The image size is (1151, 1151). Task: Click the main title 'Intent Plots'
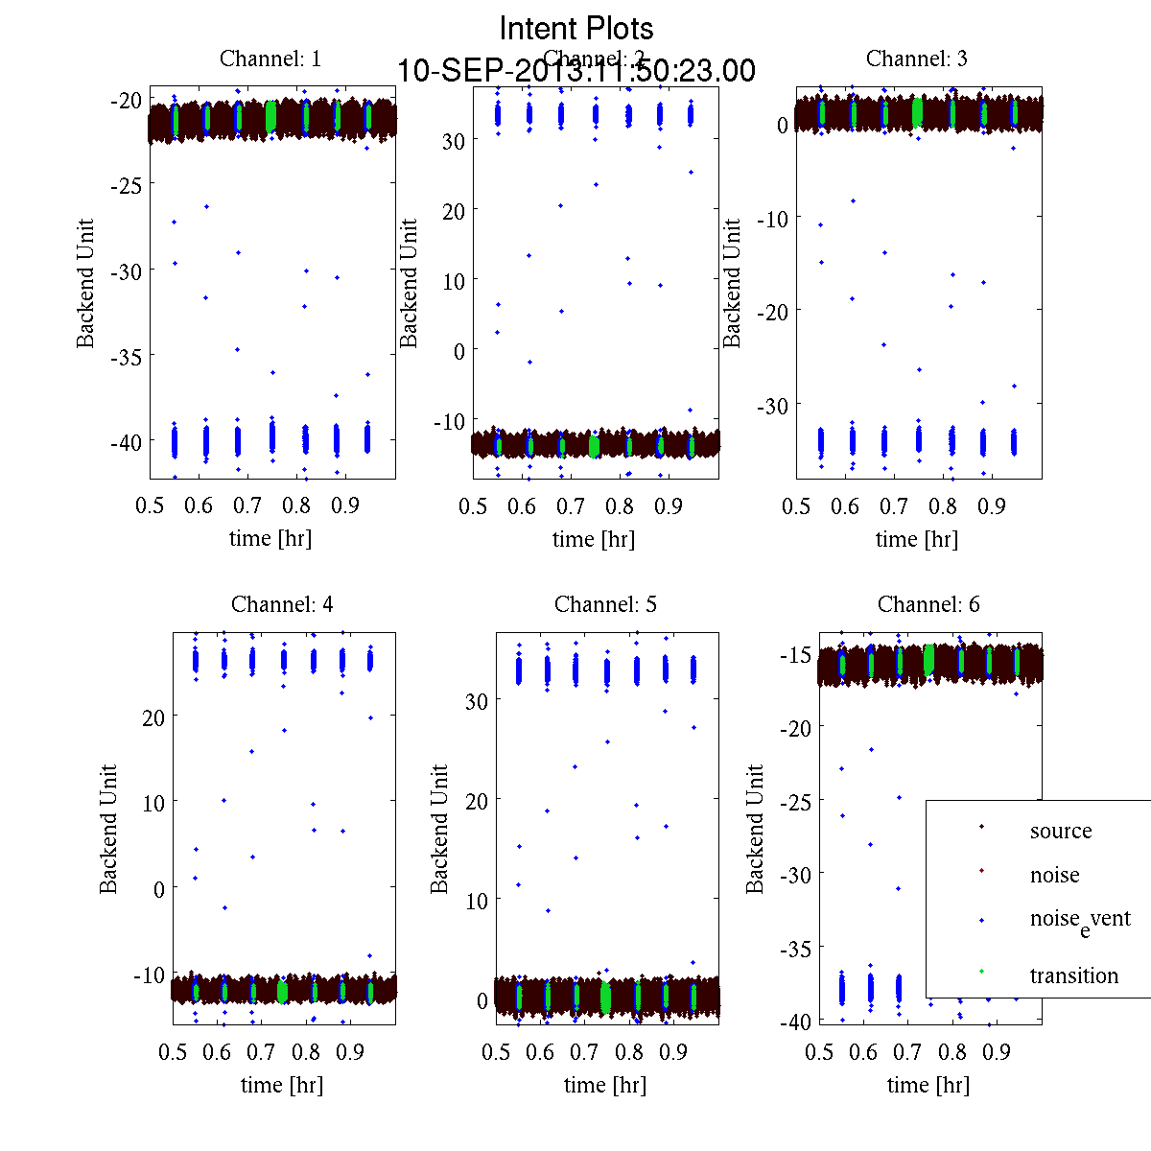(576, 28)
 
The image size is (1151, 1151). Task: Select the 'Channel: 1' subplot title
(270, 59)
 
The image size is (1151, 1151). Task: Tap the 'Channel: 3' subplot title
(916, 59)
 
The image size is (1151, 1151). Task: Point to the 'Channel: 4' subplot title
(282, 604)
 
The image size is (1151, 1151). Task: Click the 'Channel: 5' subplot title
(605, 604)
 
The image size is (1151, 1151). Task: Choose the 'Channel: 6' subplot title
(928, 604)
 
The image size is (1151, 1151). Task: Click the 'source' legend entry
(1060, 831)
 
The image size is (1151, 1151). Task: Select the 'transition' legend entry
(1073, 975)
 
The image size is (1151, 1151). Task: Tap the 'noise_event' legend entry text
(1080, 920)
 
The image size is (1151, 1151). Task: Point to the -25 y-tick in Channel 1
(127, 185)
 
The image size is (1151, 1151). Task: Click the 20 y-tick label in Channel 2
(453, 210)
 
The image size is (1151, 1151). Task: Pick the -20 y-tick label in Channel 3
(773, 312)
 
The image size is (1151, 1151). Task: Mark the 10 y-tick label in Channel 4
(153, 803)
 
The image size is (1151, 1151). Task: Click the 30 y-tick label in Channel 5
(476, 701)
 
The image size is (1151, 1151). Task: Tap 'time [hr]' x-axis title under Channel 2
(593, 539)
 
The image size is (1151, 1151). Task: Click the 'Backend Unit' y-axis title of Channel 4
(108, 829)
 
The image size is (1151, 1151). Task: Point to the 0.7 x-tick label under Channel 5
(584, 1052)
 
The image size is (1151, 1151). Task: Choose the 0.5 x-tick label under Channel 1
(150, 505)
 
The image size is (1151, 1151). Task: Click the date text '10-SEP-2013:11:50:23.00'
(576, 71)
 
